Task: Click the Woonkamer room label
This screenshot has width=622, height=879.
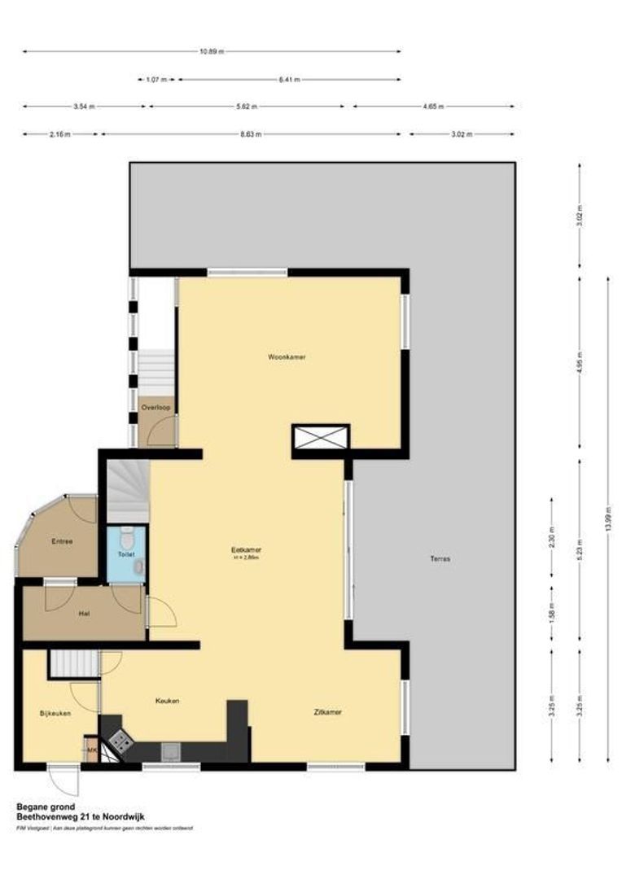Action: (x=291, y=357)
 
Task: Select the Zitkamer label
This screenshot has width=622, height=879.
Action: (x=327, y=712)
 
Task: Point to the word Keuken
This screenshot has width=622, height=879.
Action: (x=168, y=700)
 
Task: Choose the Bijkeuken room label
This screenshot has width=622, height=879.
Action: (x=55, y=713)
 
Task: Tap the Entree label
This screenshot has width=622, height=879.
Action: (x=62, y=541)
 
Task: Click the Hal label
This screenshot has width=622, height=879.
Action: (x=83, y=614)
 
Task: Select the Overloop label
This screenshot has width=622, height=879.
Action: (x=154, y=406)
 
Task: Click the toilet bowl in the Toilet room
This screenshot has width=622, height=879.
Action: (x=125, y=537)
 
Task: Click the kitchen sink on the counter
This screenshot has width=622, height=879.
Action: (x=171, y=751)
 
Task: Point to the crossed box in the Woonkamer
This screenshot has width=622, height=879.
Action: (x=320, y=437)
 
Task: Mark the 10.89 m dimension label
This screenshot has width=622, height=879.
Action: (x=211, y=51)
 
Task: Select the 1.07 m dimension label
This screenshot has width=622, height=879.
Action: (x=156, y=80)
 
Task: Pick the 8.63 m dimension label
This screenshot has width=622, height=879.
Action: (x=252, y=134)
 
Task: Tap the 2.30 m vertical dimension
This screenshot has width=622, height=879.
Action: (x=552, y=541)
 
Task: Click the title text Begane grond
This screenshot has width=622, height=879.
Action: (x=46, y=807)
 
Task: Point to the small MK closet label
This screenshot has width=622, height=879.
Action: (x=91, y=750)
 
